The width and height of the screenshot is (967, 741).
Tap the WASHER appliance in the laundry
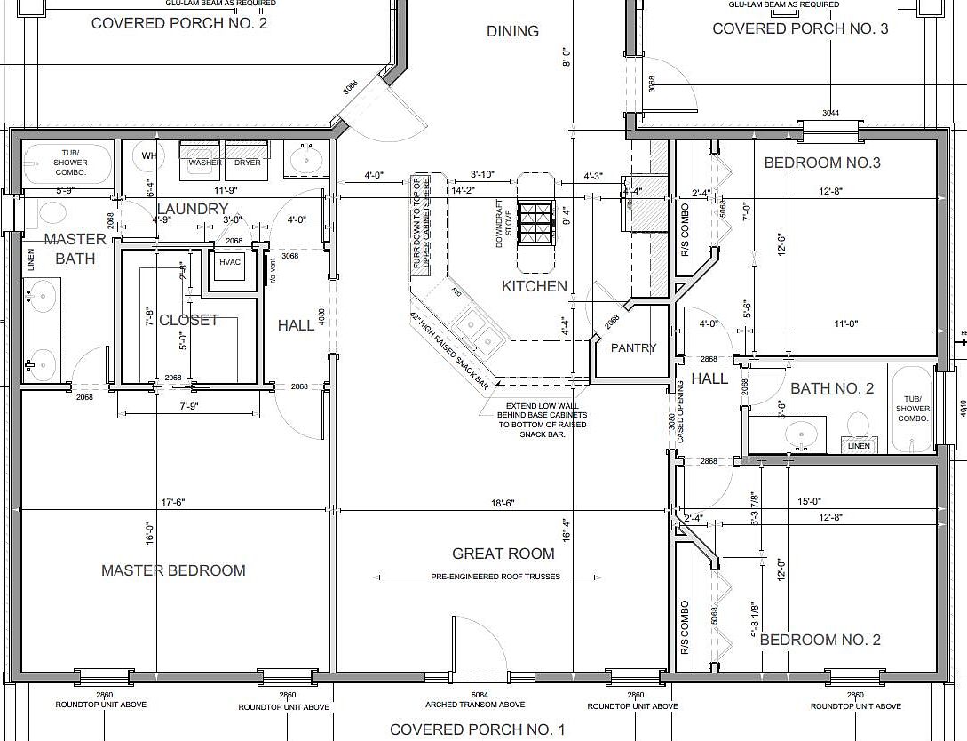tap(204, 156)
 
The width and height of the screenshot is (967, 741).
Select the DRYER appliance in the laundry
tap(248, 156)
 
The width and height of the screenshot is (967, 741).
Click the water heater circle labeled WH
tap(148, 156)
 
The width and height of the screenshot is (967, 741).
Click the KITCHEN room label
tap(534, 286)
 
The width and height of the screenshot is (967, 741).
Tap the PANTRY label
tap(633, 348)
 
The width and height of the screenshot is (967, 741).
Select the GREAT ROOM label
tap(503, 554)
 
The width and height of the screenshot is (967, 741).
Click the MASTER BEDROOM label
tap(173, 570)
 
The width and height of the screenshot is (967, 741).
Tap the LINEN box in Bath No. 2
tap(859, 446)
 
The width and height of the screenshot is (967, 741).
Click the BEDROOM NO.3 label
tap(822, 163)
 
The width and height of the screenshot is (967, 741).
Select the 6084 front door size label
tap(479, 695)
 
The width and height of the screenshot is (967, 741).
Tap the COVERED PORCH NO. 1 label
tap(477, 729)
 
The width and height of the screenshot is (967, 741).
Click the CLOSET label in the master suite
tap(188, 320)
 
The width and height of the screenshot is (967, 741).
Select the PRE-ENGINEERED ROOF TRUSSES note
tap(496, 577)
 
